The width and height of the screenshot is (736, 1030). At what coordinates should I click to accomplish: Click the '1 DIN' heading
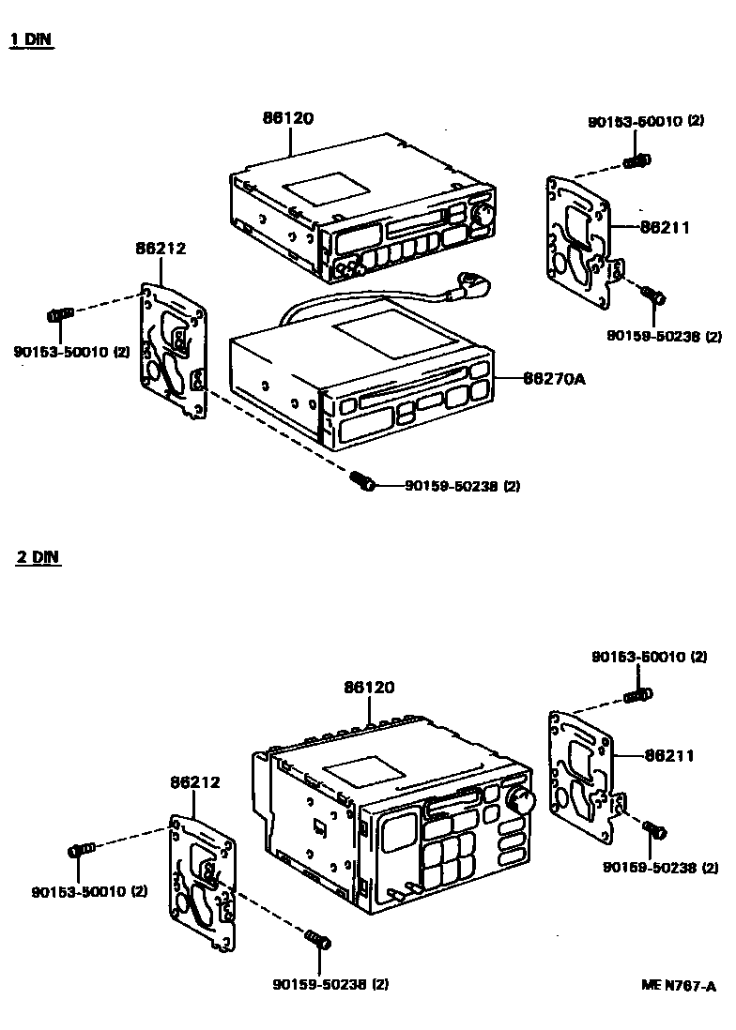(31, 40)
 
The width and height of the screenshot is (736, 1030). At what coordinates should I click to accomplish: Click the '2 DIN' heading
(38, 556)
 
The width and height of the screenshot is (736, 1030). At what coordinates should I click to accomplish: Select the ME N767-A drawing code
(679, 985)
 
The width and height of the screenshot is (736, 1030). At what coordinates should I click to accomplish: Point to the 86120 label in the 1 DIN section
(287, 118)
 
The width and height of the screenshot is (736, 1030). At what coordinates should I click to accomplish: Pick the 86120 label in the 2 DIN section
(368, 688)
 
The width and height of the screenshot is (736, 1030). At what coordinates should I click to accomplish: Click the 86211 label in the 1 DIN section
(666, 226)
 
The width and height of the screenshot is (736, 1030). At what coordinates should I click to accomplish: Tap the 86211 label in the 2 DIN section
(668, 755)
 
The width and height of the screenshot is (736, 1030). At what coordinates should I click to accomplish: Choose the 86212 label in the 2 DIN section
(194, 781)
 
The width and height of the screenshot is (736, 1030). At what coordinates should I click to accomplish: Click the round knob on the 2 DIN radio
(519, 800)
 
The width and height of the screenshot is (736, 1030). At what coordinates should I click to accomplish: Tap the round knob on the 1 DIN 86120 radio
(483, 214)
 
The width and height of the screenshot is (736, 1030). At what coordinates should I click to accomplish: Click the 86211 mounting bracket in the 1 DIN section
(578, 240)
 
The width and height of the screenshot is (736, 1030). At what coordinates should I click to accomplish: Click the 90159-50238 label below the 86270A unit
(462, 486)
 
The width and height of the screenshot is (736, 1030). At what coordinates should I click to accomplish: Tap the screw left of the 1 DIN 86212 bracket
(59, 313)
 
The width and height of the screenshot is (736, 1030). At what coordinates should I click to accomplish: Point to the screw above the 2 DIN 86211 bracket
(638, 695)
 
